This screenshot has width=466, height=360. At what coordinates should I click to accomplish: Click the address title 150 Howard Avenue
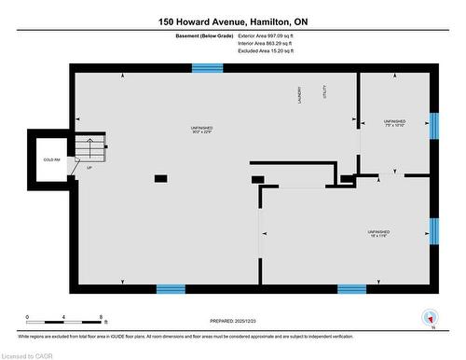(233, 20)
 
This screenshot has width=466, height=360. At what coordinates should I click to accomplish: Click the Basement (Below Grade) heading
(202, 35)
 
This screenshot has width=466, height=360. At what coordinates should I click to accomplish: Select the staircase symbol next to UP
(91, 148)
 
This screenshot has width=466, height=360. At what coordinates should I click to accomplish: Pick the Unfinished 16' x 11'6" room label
(377, 232)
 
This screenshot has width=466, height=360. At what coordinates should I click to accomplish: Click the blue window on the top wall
(207, 67)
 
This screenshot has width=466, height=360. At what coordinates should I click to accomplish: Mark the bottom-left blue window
(171, 289)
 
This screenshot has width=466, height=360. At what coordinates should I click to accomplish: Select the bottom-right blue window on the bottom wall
(351, 289)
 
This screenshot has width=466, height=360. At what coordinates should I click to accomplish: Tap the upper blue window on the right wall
(433, 125)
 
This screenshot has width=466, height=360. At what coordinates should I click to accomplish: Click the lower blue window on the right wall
(433, 230)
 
